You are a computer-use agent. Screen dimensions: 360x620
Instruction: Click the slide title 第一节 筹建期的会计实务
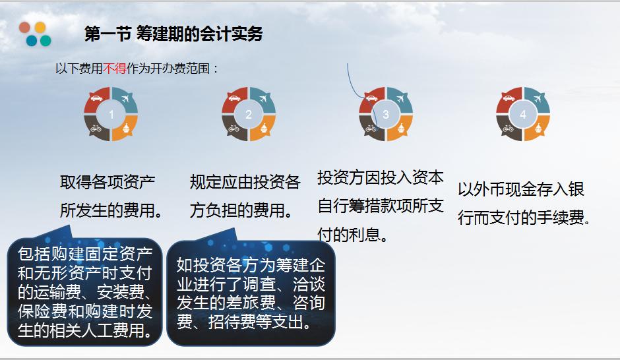173,34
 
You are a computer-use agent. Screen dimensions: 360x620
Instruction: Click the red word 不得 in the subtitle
115,68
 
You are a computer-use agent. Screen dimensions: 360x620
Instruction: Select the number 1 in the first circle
111,115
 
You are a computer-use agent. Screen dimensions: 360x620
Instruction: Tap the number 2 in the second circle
249,115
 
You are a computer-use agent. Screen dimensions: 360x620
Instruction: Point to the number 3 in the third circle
386,115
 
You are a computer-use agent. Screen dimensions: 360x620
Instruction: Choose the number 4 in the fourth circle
523,115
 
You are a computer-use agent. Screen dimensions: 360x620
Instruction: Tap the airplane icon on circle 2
264,100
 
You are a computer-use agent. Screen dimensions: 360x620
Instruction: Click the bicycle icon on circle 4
507,129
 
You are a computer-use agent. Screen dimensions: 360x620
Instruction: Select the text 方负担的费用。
242,211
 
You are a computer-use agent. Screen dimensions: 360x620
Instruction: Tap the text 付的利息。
353,235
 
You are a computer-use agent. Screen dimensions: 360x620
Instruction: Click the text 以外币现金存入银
521,190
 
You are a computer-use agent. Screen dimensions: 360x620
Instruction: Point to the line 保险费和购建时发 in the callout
85,311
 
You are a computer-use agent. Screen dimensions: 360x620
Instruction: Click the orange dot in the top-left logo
40,28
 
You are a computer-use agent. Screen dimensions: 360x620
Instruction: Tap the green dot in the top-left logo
46,41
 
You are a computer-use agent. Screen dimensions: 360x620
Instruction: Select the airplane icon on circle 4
539,100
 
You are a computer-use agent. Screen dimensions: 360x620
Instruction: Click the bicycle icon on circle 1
96,129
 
